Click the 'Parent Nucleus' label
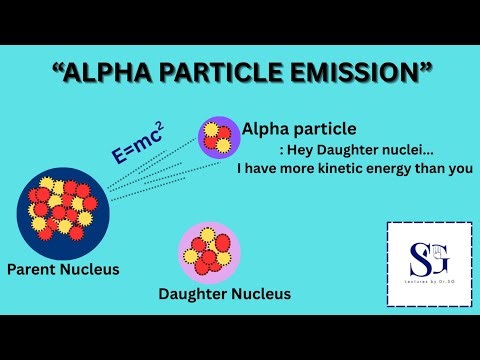62,269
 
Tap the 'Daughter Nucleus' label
225,293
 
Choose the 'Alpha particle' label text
299,129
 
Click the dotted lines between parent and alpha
150,170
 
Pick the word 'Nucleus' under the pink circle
259,293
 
